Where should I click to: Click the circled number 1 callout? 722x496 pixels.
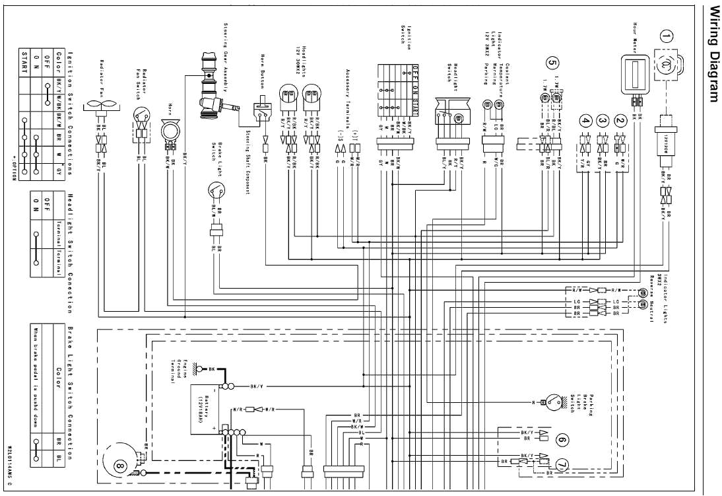pos(667,37)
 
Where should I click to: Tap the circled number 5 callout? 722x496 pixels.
pos(552,63)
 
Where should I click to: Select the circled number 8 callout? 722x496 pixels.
pos(119,466)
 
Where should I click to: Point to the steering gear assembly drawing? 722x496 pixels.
pos(213,89)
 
